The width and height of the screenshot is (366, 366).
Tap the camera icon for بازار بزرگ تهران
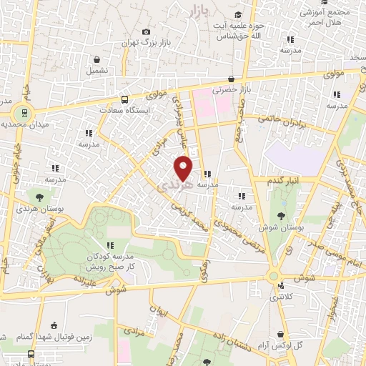click(147, 31)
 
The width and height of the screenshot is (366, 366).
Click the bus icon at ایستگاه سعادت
click(125, 99)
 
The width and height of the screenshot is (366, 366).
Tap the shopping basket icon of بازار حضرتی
click(231, 79)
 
